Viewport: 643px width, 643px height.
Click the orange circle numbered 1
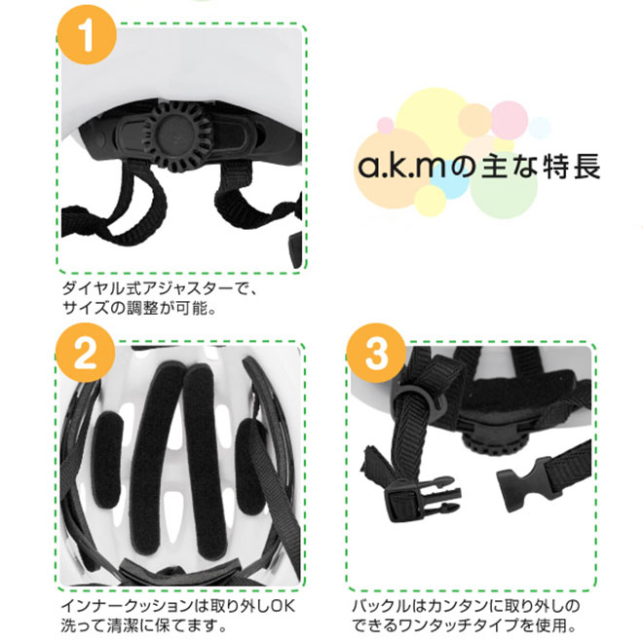click(87, 35)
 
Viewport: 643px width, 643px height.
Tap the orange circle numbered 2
click(86, 353)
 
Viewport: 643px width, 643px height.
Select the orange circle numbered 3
click(376, 354)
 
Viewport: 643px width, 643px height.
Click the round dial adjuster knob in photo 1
click(177, 136)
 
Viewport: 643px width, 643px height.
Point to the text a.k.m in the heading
click(401, 166)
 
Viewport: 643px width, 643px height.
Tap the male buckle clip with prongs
click(423, 498)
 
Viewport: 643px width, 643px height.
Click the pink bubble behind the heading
click(509, 120)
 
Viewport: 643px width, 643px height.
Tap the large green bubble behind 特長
click(504, 184)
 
